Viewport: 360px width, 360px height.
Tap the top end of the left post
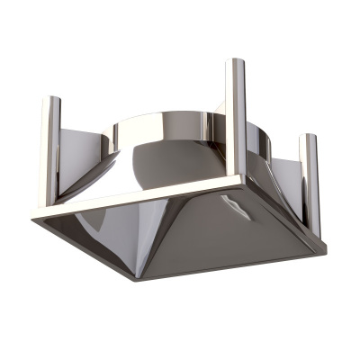(x=49, y=99)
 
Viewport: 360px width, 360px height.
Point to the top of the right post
(x=309, y=138)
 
